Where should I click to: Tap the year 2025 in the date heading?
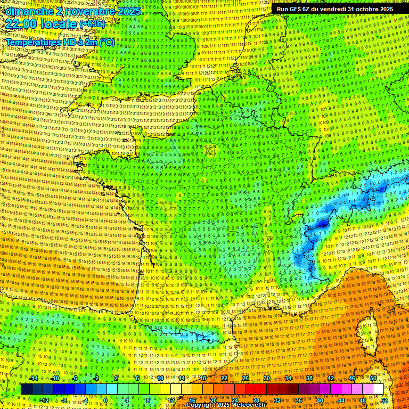[128, 11]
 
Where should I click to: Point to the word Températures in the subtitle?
[32, 42]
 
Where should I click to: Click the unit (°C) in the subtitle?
[106, 42]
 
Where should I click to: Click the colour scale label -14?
[34, 379]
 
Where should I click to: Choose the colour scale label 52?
[384, 400]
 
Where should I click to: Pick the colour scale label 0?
[105, 400]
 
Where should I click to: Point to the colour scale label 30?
[266, 379]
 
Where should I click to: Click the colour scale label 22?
[224, 379]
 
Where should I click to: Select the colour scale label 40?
[320, 400]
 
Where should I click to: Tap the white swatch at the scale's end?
[379, 389]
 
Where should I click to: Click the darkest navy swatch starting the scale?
[27, 389]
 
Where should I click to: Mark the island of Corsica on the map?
[367, 330]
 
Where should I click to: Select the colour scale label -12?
[44, 400]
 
